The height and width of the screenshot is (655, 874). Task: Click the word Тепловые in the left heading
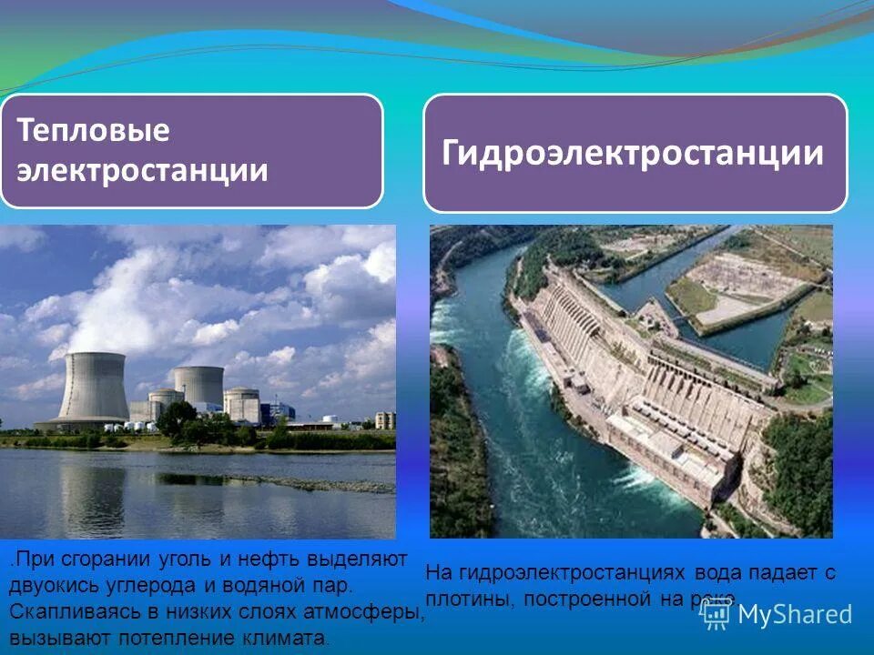(x=94, y=131)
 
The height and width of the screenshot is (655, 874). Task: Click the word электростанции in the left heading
(x=144, y=170)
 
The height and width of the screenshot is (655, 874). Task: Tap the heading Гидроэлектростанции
(x=634, y=153)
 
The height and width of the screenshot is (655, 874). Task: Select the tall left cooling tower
(x=93, y=388)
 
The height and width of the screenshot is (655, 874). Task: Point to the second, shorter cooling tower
(x=198, y=386)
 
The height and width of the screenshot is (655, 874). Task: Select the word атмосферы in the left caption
(x=372, y=610)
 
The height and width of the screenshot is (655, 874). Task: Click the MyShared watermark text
(x=794, y=614)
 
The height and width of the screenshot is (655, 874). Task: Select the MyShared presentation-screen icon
(x=715, y=613)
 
